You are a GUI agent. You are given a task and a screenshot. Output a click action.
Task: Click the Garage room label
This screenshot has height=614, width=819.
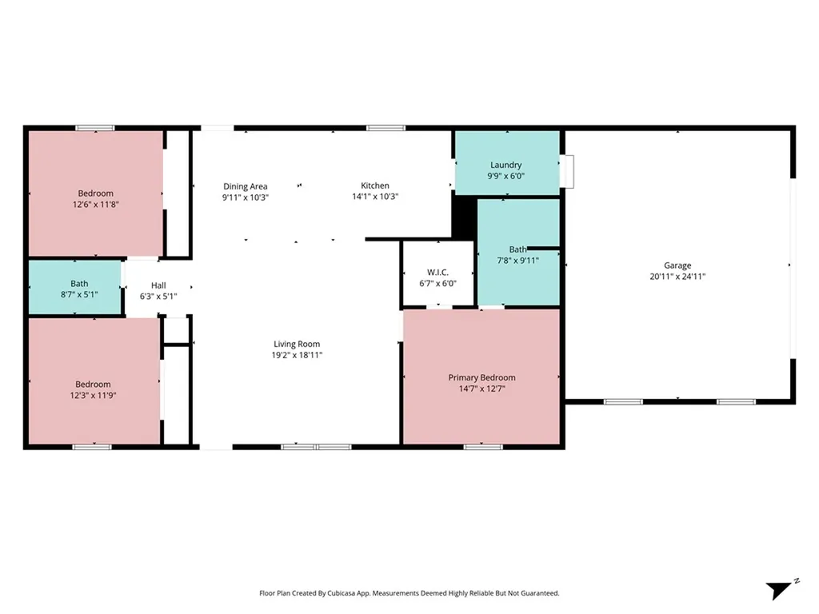[677, 265]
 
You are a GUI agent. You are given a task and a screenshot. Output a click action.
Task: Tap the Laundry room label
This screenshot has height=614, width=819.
[505, 165]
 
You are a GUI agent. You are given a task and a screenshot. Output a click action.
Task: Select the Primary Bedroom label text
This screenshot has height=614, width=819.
[481, 377]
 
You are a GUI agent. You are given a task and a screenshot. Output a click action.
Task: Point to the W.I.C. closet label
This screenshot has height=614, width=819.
[437, 273]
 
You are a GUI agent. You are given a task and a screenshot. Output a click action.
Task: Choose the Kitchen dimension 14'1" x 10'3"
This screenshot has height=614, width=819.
[375, 197]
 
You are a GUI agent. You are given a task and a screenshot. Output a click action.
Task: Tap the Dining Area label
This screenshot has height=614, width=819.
[245, 186]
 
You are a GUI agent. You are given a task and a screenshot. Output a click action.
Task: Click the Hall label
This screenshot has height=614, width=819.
[158, 285]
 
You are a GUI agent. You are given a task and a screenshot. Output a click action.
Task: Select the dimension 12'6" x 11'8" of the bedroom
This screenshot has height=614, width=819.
[95, 204]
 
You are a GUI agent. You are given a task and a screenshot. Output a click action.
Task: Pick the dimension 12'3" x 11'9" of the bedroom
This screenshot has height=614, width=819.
[93, 395]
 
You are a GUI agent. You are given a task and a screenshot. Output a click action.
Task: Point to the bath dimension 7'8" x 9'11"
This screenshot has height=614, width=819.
[517, 260]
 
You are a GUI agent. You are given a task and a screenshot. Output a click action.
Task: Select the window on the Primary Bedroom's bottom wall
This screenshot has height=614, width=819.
[482, 447]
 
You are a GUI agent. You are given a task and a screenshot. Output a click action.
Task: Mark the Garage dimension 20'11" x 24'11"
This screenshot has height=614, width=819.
[677, 277]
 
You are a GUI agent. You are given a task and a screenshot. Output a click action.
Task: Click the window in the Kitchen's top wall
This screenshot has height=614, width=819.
[386, 128]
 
